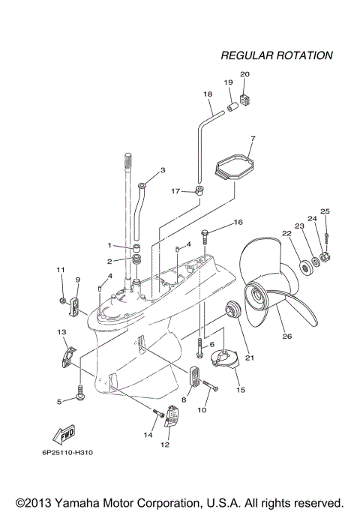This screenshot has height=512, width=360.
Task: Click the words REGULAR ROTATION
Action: pos(277,55)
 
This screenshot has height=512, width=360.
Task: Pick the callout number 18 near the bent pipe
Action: pos(208,94)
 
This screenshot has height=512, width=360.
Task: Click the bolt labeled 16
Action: pos(207,235)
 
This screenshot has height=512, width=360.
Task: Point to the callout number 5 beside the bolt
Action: pos(59,402)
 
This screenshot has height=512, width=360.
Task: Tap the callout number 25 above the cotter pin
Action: pos(325,211)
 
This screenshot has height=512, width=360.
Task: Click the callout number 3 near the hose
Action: pos(161,170)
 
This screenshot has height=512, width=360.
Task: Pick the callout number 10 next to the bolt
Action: pos(202,410)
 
